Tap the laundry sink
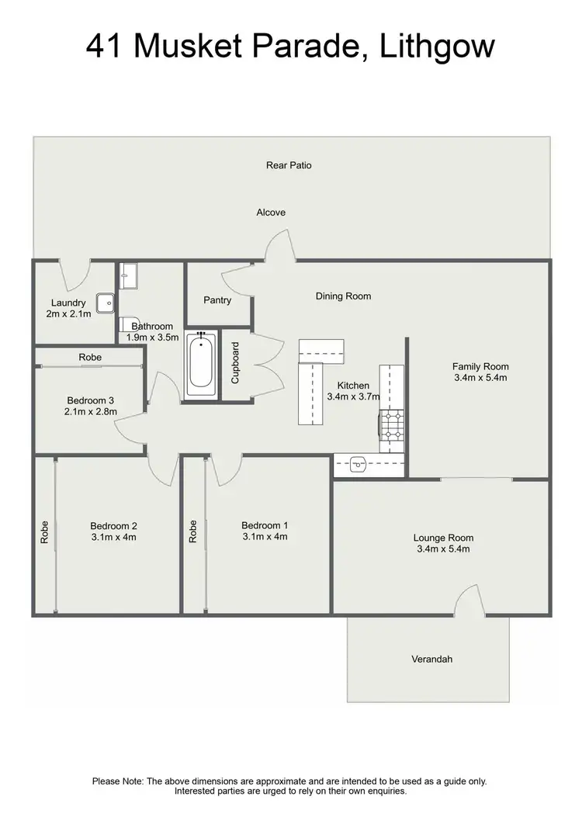(104, 302)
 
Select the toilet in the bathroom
(129, 324)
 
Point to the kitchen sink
(358, 465)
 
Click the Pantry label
(217, 300)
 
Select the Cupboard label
(236, 363)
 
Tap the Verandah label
(431, 660)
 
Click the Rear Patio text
(289, 165)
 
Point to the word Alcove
(271, 213)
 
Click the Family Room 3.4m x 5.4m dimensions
(480, 378)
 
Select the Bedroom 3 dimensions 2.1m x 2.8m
(90, 412)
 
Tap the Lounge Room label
(443, 538)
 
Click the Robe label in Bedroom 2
(45, 531)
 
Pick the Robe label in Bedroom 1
(192, 531)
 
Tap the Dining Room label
(343, 296)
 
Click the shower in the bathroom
(129, 275)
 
